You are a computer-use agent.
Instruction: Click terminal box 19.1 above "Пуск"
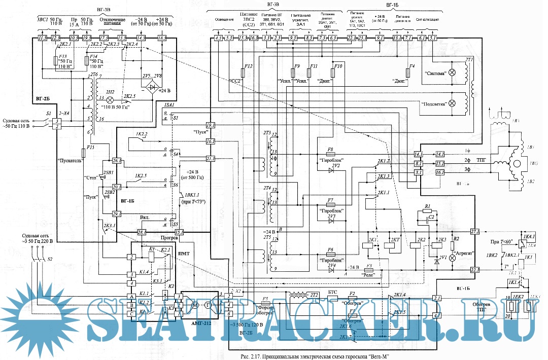tap(211, 125)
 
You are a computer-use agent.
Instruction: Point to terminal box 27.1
tap(474, 232)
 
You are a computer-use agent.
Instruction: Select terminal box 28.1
tap(142, 232)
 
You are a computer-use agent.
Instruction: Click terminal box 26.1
tap(117, 161)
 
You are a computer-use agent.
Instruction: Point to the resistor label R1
tap(427, 206)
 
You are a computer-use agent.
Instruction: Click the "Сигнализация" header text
tap(426, 20)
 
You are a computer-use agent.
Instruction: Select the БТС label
tap(333, 293)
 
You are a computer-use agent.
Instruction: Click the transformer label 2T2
tap(314, 295)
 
